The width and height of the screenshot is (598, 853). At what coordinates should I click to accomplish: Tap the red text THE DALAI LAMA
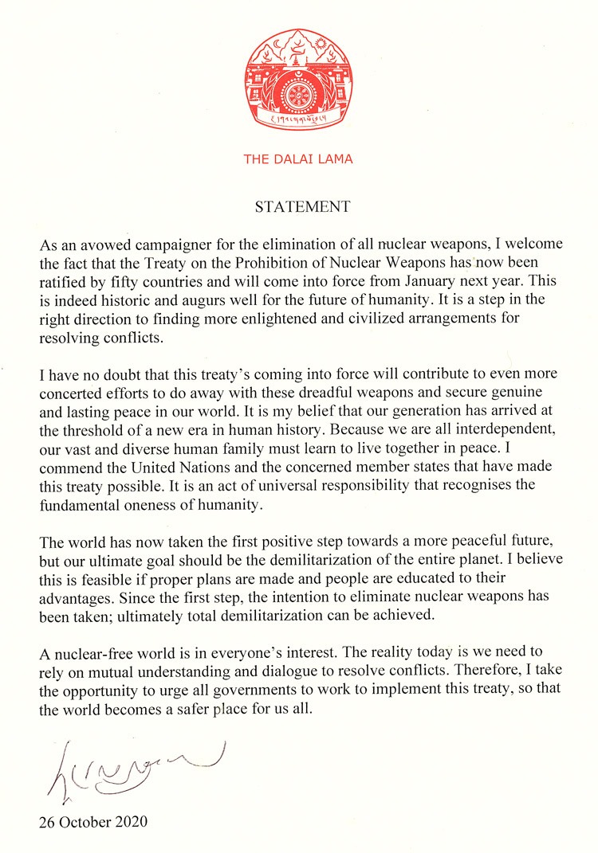(298, 158)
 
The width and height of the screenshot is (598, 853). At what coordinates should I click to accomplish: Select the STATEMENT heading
(302, 207)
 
